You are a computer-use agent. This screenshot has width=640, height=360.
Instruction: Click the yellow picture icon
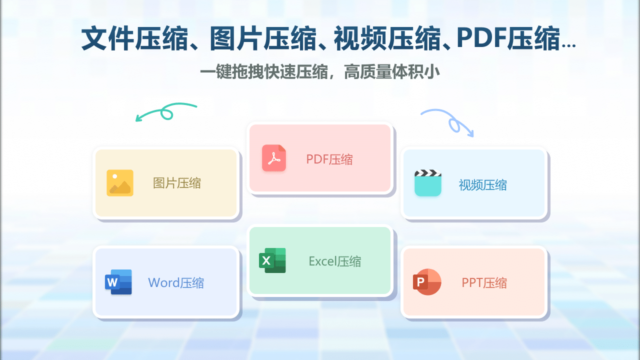pos(120,183)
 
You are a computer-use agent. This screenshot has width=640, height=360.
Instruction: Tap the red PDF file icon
pos(274,158)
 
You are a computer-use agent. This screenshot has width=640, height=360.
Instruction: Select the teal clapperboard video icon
pos(428,183)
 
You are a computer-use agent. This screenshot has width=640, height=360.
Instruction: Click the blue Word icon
pos(118,282)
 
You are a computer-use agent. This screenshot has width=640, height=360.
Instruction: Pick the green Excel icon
pos(272,260)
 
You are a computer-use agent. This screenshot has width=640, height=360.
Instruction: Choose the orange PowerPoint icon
pos(427,282)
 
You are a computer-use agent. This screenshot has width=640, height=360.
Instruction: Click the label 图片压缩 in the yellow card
pos(177,183)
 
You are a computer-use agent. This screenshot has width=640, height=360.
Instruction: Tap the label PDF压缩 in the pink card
pos(329,159)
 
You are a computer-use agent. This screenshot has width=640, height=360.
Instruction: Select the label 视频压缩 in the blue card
pos(482,185)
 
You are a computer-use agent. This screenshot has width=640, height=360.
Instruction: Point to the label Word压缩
pos(176,283)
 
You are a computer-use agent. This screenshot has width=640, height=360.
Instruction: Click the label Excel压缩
pos(334,261)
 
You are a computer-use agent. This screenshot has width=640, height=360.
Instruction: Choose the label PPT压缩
pos(484,283)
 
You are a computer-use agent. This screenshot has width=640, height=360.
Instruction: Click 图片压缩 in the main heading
pos(262,39)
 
